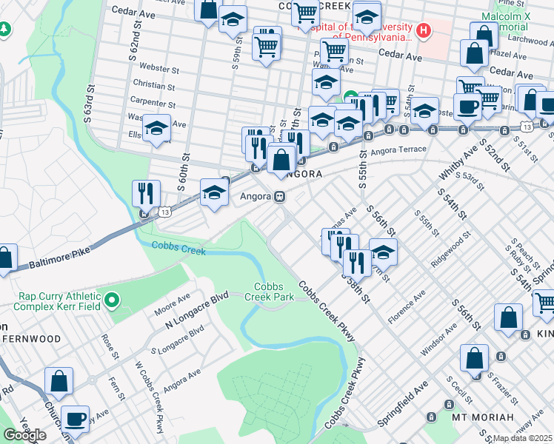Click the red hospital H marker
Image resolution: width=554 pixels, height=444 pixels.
423,30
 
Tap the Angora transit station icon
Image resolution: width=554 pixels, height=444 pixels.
280,197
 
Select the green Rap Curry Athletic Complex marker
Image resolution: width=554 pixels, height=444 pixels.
111,300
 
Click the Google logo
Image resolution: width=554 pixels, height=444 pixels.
24,435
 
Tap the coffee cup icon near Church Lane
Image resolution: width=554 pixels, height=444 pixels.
75,418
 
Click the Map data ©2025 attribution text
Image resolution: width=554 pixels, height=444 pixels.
523,438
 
